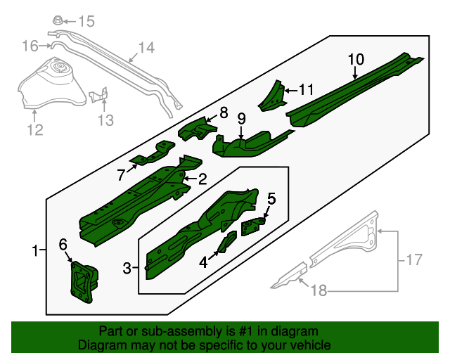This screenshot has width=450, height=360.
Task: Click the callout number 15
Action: click(85, 21)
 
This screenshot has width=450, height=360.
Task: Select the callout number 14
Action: click(145, 48)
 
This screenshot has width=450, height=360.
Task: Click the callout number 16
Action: click(30, 46)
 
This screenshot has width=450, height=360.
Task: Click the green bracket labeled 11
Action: click(272, 97)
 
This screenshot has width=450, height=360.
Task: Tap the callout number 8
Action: click(224, 112)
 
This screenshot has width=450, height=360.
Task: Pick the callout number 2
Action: click(202, 179)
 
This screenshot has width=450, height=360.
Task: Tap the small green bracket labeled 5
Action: click(252, 225)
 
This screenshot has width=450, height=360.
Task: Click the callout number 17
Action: click(415, 259)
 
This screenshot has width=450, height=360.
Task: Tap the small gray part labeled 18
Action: click(288, 276)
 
